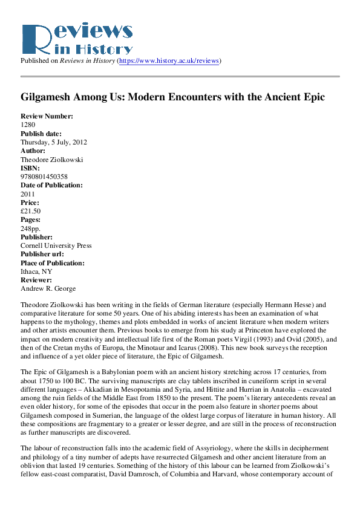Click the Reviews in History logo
point(76,38)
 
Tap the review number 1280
point(28,125)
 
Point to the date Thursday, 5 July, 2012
point(54,142)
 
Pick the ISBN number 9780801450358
point(45,177)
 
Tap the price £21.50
point(30,212)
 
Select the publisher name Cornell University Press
point(56,246)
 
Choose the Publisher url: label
point(44,254)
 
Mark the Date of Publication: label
point(51,185)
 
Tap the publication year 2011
point(28,194)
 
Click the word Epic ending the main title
point(313,97)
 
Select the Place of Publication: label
point(53,263)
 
